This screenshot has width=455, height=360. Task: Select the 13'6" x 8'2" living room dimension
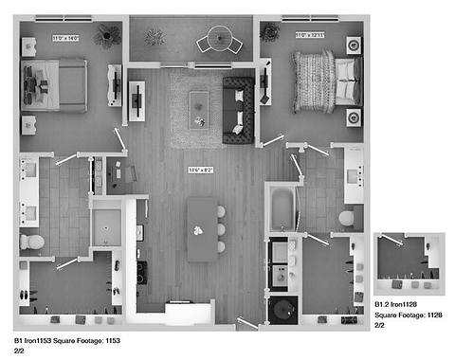pos(202,170)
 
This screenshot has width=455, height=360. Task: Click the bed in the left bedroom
pos(56,85)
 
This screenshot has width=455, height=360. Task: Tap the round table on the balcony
pos(219,40)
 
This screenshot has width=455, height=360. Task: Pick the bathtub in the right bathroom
pos(283,209)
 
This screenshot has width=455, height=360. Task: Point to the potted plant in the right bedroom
pos(271,32)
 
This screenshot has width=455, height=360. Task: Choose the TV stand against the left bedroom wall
pos(116,85)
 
